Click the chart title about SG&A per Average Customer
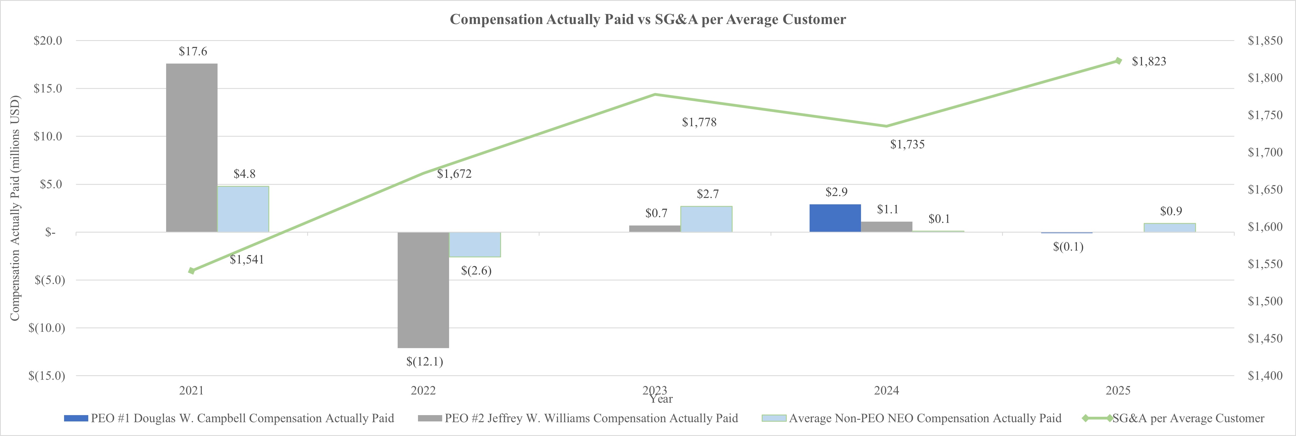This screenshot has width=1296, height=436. [648, 19]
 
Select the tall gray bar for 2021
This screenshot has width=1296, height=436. [192, 148]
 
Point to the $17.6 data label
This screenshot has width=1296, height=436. [193, 51]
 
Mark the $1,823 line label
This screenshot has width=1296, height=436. [1149, 61]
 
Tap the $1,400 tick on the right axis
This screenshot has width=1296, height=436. [1265, 376]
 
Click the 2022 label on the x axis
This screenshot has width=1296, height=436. [423, 390]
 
